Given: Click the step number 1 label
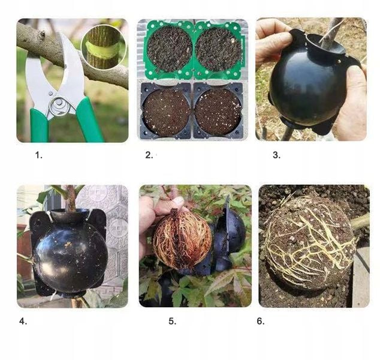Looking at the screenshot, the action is click(x=38, y=155).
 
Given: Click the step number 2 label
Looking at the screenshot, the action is click(x=149, y=155).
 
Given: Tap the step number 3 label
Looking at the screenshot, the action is click(x=276, y=155).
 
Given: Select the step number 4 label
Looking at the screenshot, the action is click(x=23, y=321).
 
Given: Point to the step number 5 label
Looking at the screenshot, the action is click(x=172, y=321).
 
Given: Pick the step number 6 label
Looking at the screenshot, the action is click(x=261, y=321).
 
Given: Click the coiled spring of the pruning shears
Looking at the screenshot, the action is click(x=59, y=106).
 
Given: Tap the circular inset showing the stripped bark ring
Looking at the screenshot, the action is click(x=104, y=47).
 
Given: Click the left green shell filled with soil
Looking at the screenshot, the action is click(x=169, y=49).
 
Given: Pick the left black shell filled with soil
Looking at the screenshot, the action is click(x=166, y=111).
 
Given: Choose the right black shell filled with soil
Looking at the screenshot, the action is click(x=218, y=111).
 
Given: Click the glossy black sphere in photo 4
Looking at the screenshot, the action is click(x=70, y=257).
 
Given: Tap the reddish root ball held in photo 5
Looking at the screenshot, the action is click(x=182, y=239).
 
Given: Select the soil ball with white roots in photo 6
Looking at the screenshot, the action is click(x=309, y=242).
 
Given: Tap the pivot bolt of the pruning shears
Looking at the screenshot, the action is click(x=50, y=94).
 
